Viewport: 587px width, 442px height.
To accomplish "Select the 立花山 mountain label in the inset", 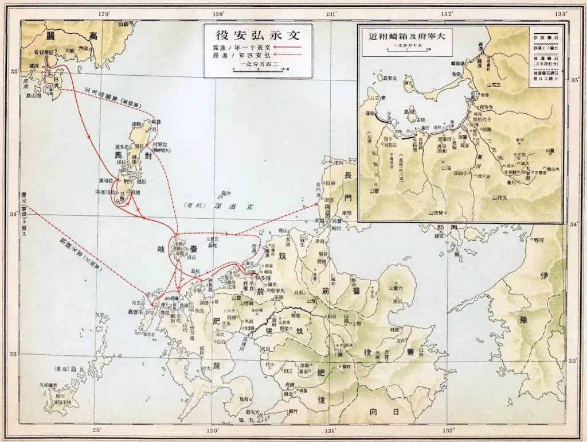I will pos(494,84).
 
